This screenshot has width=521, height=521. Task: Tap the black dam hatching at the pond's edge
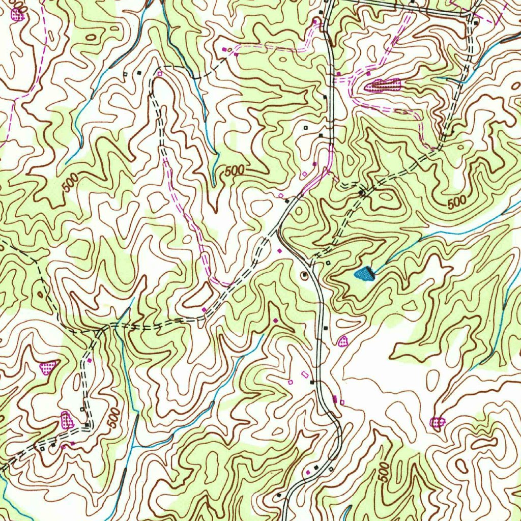pos(372,275)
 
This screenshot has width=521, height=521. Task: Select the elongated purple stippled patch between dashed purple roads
pos(383,85)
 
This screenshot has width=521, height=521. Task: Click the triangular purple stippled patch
pos(49,367)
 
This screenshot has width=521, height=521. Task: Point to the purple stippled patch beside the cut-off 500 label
pos(18,15)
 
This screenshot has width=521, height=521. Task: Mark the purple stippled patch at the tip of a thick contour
pos(437,421)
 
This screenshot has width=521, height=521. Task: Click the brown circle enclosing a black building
pos(305,275)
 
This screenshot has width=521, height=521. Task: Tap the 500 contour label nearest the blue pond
pos(457,202)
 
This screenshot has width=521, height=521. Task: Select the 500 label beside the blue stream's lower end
pos(234,171)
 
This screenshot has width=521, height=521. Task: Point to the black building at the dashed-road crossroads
pos(362,193)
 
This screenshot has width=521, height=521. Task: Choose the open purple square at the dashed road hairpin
pos(159,74)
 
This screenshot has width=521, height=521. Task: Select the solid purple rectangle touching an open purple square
pos(334,399)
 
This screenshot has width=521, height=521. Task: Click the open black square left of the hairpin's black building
pos(125,74)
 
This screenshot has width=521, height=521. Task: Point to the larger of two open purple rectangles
pos(305,374)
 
